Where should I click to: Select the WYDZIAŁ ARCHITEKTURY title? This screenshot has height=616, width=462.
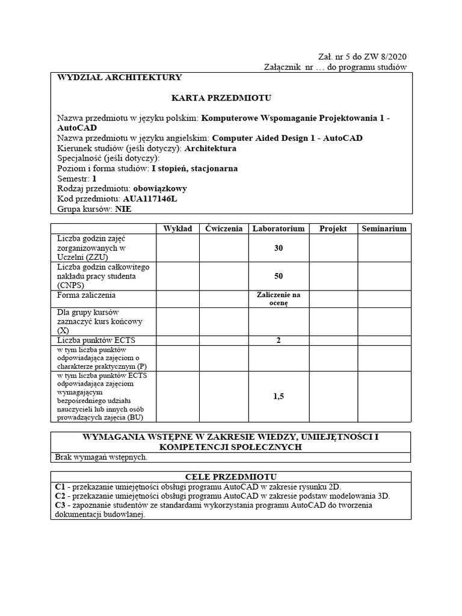click(119, 78)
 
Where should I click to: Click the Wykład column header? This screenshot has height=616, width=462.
click(177, 229)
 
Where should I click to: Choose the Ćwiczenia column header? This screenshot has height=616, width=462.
click(223, 229)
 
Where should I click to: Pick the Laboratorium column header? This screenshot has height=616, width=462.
click(278, 229)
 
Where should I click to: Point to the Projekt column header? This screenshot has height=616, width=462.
click(333, 229)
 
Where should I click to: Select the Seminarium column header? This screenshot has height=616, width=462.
click(384, 229)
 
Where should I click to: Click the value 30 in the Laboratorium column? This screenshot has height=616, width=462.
click(278, 248)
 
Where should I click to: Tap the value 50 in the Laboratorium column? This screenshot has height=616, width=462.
click(278, 276)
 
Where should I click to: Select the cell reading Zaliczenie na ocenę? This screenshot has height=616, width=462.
click(278, 299)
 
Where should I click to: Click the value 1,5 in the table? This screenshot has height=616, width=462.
click(278, 396)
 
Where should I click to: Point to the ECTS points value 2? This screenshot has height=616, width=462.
click(278, 340)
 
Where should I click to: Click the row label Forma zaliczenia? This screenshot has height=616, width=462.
click(87, 295)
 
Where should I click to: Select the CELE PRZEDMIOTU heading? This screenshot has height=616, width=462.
click(231, 476)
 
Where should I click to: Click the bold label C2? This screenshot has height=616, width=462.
click(60, 496)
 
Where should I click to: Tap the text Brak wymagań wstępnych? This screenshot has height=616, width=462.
click(102, 457)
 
